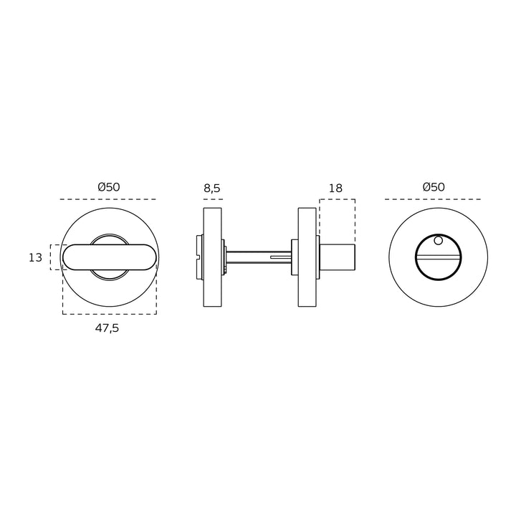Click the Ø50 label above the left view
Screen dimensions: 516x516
tap(109, 187)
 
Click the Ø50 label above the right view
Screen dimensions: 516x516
tap(434, 187)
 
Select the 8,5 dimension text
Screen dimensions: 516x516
tap(212, 188)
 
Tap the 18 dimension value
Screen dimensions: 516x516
tap(335, 188)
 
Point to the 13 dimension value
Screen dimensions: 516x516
tap(35, 257)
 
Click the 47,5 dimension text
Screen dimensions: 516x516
tap(107, 328)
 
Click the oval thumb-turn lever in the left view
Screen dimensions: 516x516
tap(109, 257)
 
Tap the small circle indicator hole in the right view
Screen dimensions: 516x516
tap(438, 241)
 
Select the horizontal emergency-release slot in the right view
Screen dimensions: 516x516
tap(438, 257)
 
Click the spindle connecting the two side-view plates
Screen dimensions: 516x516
tap(258, 257)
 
